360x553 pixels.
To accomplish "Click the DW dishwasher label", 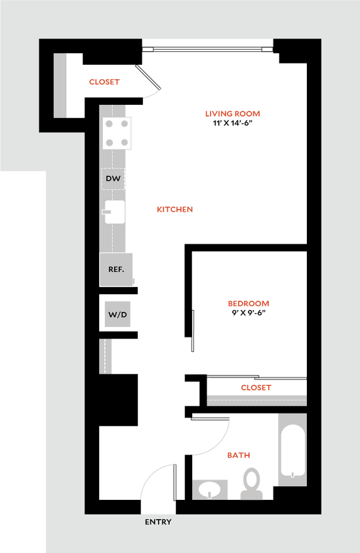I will [x=113, y=178].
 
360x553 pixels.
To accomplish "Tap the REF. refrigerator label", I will [x=117, y=269].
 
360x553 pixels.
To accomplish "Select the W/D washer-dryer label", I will [x=117, y=315].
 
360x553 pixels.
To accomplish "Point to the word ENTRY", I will [x=158, y=522].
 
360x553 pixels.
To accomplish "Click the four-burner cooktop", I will [x=116, y=132].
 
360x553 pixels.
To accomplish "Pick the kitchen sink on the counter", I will [x=115, y=212].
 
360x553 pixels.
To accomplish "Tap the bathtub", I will [x=292, y=450].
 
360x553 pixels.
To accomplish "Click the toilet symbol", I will [x=250, y=484].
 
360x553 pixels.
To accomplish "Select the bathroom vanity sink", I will [x=210, y=489].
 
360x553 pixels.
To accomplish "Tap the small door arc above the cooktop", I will [x=153, y=94].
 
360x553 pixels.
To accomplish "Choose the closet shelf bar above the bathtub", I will [x=256, y=400].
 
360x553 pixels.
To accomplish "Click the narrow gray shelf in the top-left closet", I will [x=61, y=85].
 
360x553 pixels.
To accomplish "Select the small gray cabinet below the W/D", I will [x=106, y=356].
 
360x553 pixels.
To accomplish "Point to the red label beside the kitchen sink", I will [x=175, y=210].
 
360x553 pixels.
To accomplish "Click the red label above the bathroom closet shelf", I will [x=256, y=387].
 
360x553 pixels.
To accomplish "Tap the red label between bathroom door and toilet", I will [x=239, y=454].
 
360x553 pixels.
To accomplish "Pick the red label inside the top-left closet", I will [x=105, y=82].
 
